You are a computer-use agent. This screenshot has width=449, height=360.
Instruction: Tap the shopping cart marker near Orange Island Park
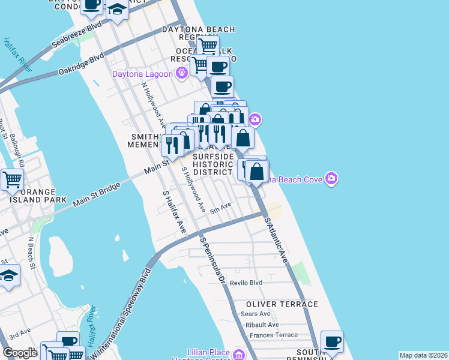click(x=11, y=178)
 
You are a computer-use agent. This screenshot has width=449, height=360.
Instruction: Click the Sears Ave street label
click(x=256, y=314)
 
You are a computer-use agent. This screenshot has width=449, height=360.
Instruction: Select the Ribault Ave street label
click(x=262, y=325)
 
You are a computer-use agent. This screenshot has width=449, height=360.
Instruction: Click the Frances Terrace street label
click(x=274, y=335)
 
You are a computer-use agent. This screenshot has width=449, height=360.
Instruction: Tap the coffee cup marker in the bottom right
click(x=332, y=341)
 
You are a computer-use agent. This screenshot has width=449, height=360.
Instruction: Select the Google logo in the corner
click(x=20, y=353)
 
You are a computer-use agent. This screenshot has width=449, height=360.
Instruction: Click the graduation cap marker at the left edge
click(x=8, y=275)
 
